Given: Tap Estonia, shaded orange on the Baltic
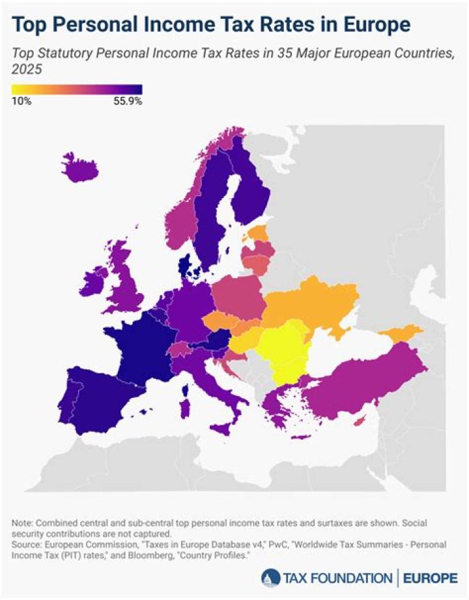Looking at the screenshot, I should point(256,233).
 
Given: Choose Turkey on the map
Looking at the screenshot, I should point(365,384).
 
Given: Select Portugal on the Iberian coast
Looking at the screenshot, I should point(73,397).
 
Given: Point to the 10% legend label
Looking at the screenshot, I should point(21,101).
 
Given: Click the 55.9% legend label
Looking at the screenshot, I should point(128,101).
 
